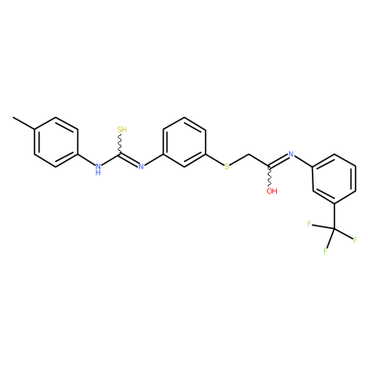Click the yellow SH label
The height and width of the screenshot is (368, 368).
(x=122, y=129)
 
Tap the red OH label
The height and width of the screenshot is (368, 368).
(x=271, y=191)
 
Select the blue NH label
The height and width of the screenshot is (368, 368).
(x=98, y=169)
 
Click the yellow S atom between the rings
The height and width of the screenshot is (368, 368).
(x=226, y=167)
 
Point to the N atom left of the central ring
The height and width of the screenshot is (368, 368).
(x=141, y=167)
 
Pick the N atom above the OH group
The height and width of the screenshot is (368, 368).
(x=291, y=155)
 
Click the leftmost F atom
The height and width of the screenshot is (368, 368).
(x=309, y=224)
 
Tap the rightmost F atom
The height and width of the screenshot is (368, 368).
(x=355, y=240)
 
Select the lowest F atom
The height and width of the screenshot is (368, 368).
(x=325, y=251)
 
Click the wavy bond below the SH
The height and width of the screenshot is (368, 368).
(x=120, y=144)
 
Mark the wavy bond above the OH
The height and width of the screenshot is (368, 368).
(x=270, y=177)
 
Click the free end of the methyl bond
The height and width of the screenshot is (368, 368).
(x=13, y=117)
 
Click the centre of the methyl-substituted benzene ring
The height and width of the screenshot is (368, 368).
(x=55, y=142)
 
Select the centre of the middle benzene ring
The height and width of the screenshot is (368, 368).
(x=184, y=142)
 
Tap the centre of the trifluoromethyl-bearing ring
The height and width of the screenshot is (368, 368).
(x=334, y=178)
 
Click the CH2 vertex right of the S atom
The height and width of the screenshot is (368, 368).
(x=248, y=155)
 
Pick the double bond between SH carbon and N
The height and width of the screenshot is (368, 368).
(x=129, y=159)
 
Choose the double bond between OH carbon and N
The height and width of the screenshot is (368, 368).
(x=279, y=160)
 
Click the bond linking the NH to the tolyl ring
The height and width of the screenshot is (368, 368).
(x=86, y=159)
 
